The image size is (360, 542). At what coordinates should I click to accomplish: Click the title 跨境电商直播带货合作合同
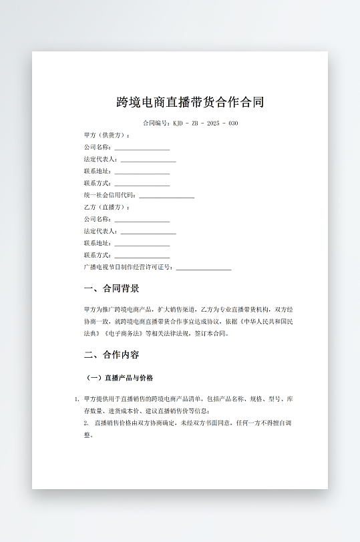[190, 102]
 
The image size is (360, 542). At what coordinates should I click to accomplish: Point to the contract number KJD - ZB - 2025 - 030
[205, 123]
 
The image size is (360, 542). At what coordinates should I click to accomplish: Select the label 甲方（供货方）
[107, 135]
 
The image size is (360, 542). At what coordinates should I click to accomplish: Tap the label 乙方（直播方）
[107, 208]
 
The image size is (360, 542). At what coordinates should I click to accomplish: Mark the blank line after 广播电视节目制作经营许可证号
[203, 268]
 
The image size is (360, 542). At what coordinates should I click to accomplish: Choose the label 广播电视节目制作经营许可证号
[128, 267]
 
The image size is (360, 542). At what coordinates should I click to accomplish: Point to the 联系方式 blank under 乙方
[142, 256]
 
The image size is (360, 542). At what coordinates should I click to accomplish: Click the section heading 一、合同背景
[112, 289]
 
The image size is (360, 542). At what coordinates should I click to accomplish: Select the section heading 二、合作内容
[112, 354]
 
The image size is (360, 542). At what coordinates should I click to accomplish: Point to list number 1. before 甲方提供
[77, 399]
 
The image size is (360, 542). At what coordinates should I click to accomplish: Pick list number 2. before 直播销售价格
[86, 423]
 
